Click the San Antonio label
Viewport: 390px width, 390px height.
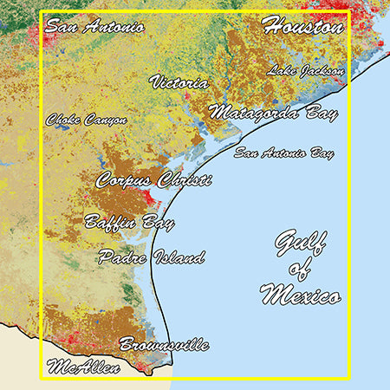click(x=94, y=26)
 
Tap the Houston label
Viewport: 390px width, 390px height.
click(x=302, y=26)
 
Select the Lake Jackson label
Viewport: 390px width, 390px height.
click(x=306, y=70)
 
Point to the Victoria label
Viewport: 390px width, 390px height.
click(x=179, y=83)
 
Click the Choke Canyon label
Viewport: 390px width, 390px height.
click(x=87, y=120)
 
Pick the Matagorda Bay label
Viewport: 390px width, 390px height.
click(x=274, y=113)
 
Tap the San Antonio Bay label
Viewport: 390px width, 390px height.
click(x=284, y=153)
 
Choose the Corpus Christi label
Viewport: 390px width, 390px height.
click(x=154, y=180)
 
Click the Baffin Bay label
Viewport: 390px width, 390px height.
click(x=129, y=222)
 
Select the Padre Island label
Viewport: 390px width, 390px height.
click(x=152, y=257)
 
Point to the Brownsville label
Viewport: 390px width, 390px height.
click(x=164, y=344)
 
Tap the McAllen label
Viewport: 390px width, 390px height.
click(x=84, y=367)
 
